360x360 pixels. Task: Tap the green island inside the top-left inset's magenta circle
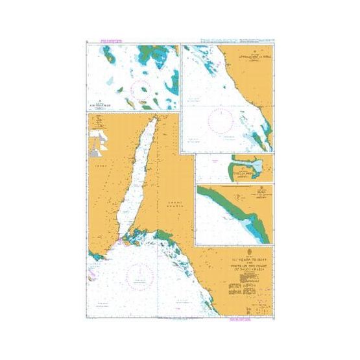tap(132, 102)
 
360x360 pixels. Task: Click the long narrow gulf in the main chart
tap(141, 175)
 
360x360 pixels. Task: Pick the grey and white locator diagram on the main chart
tap(99, 140)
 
